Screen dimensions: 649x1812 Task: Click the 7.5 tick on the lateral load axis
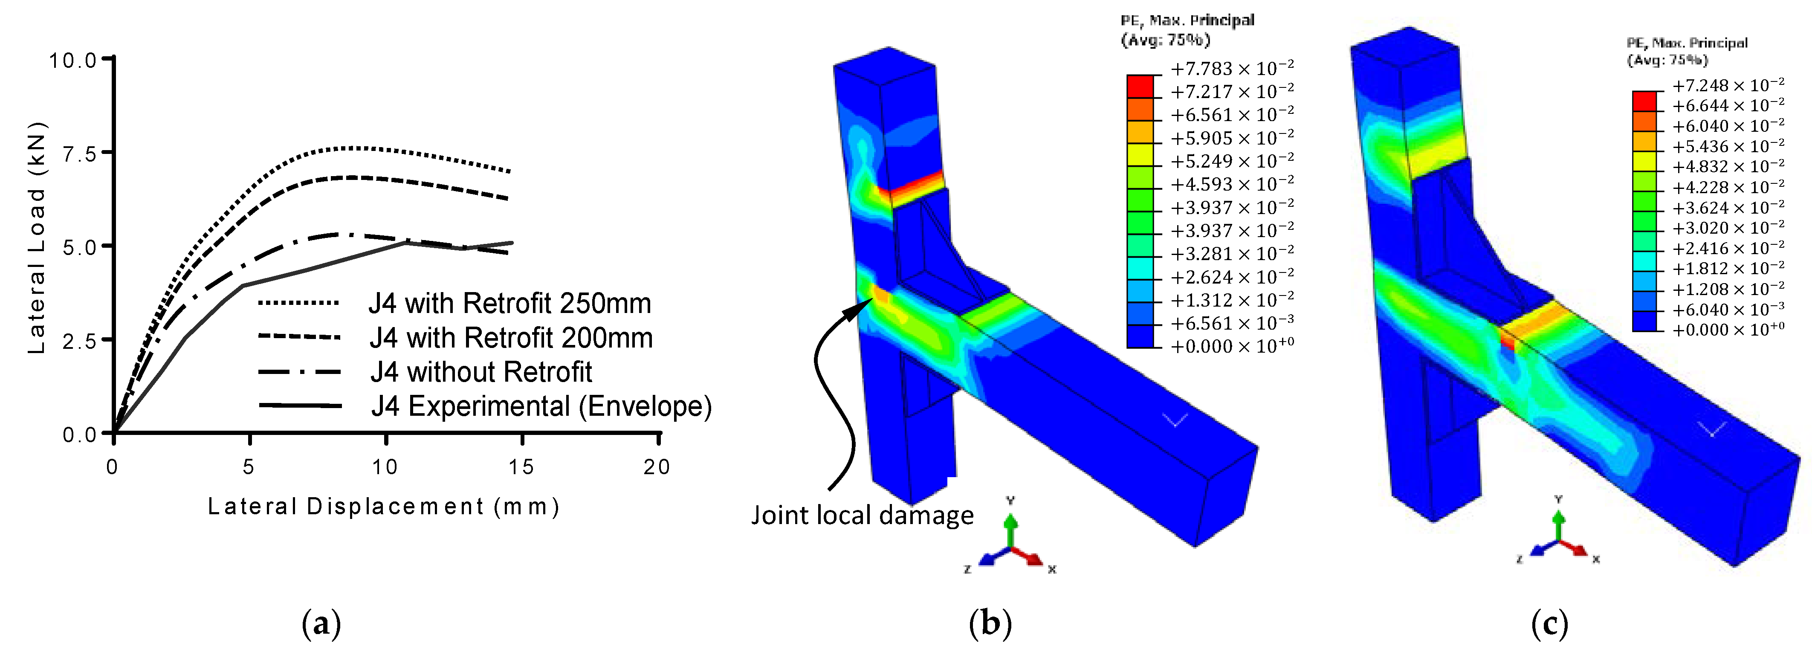tap(79, 153)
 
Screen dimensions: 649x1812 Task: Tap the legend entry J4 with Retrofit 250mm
tap(509, 304)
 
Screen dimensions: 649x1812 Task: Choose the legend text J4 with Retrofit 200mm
tap(511, 338)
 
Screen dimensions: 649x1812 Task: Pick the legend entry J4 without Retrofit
tap(481, 372)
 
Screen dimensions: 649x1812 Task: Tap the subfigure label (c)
tap(1549, 623)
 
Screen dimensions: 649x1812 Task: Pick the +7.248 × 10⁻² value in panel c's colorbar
tap(1728, 85)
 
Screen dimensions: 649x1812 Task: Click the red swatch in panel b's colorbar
tap(1140, 86)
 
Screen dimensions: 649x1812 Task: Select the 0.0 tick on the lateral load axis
tap(79, 435)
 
